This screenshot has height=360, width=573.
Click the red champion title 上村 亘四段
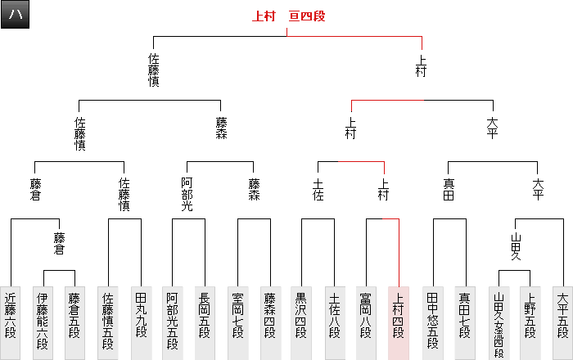click(x=288, y=16)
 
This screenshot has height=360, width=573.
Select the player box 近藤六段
click(x=11, y=322)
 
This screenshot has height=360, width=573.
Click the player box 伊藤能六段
click(x=43, y=322)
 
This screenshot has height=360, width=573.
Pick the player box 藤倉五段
click(x=74, y=322)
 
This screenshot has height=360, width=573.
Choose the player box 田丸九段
click(x=140, y=322)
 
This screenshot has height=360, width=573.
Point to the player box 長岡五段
click(x=205, y=322)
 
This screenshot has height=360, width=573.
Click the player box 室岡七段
click(x=237, y=322)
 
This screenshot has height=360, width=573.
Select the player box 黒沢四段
click(x=302, y=322)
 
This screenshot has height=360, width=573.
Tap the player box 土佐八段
click(x=335, y=322)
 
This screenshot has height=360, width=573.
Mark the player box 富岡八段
click(x=367, y=322)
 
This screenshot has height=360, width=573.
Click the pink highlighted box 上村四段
click(x=399, y=322)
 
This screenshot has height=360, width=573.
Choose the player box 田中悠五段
click(x=432, y=322)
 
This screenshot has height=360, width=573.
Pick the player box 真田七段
click(x=464, y=322)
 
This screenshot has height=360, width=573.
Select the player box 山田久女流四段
click(x=498, y=322)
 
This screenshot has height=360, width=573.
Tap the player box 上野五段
click(x=530, y=322)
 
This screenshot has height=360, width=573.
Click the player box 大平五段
click(x=562, y=322)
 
